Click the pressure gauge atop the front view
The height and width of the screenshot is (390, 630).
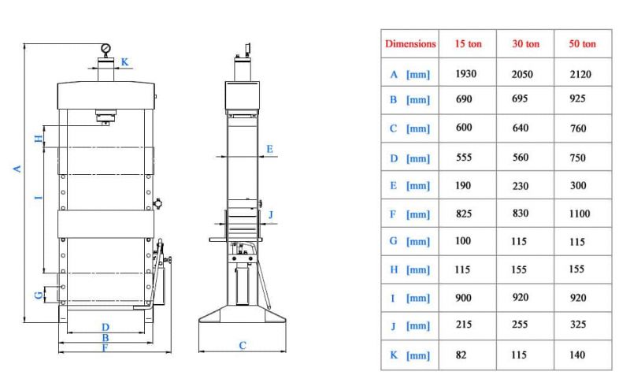click(106, 49)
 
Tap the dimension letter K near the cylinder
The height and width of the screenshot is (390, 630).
click(124, 62)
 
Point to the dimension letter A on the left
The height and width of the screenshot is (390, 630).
click(17, 169)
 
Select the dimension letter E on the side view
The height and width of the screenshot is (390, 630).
click(269, 149)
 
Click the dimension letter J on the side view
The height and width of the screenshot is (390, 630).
click(271, 215)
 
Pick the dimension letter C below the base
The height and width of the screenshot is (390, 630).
click(243, 345)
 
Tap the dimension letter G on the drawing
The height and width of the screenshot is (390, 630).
click(39, 295)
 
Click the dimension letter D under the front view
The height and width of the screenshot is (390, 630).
click(106, 327)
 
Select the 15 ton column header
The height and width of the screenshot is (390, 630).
click(468, 43)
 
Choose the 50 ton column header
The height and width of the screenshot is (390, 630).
click(582, 43)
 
